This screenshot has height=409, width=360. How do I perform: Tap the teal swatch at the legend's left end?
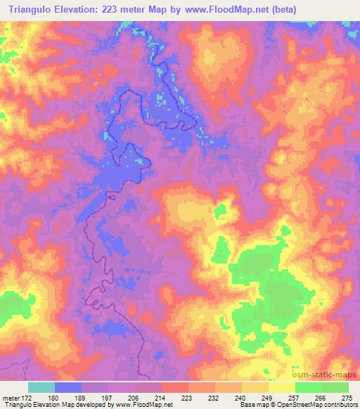41,387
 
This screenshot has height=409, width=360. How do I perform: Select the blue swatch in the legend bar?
68,387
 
